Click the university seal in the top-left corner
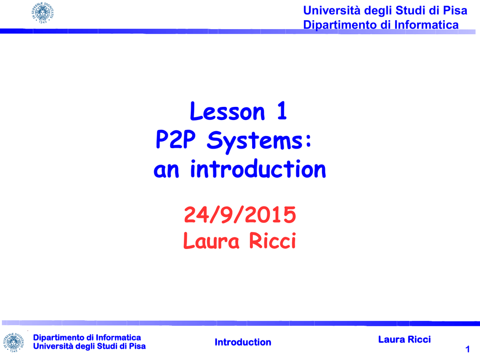point(43,13)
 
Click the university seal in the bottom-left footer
point(13,342)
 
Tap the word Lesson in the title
point(227,111)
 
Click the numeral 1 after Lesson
point(282,111)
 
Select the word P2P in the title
point(175,139)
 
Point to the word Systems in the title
point(255,141)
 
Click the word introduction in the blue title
point(258,169)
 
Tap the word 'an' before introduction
point(166,171)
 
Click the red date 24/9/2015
point(240,215)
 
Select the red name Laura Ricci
point(240,240)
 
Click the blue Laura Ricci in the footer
point(405,339)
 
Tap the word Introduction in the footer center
point(243,342)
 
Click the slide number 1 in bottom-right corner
point(467,349)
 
